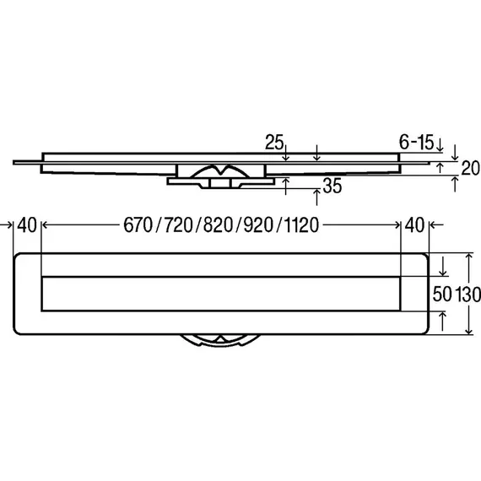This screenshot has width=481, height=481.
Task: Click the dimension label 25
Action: [x=274, y=142]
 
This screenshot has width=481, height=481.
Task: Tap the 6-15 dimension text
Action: [x=416, y=142]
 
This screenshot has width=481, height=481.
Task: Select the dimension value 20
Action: [x=471, y=169]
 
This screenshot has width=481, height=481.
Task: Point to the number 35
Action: [x=332, y=186]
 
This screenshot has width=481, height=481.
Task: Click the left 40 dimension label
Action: [x=27, y=224]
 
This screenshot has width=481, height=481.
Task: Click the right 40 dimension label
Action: [x=414, y=224]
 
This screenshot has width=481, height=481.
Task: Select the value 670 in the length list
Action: [x=138, y=224]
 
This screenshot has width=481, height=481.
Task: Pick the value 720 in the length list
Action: [x=179, y=224]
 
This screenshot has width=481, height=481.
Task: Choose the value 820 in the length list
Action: [x=218, y=224]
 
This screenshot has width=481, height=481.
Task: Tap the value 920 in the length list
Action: [x=258, y=224]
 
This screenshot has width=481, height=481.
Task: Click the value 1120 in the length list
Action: [x=301, y=224]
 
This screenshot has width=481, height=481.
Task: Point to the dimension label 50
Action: [x=442, y=295]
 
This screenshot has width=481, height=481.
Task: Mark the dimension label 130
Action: [x=468, y=295]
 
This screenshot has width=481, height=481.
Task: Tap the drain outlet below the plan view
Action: [x=220, y=340]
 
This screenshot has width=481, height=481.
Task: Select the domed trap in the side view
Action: [x=219, y=170]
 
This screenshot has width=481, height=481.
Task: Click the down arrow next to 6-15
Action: [x=440, y=145]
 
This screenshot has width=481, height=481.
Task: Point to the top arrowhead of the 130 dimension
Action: [x=468, y=256]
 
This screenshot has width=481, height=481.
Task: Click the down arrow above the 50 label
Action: [x=443, y=267]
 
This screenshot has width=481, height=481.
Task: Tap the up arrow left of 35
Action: [x=285, y=186]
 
